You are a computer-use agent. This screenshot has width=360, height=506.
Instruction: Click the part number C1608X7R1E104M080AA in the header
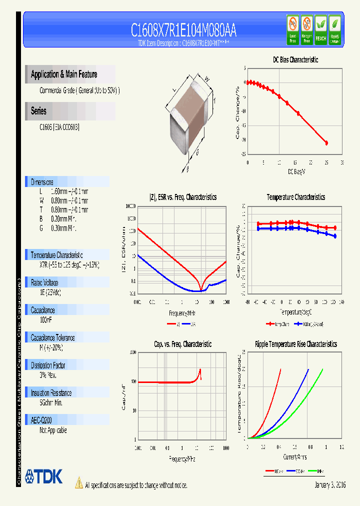click(183, 30)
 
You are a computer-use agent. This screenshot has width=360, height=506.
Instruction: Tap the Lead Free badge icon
click(292, 29)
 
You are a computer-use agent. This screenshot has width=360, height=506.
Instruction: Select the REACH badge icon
click(320, 29)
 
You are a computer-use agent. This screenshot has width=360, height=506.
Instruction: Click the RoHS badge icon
click(334, 29)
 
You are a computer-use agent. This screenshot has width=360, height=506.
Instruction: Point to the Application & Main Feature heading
click(64, 74)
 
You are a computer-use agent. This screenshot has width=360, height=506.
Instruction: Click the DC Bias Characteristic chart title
click(295, 59)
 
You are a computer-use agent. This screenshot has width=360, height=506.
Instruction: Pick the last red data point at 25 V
click(326, 143)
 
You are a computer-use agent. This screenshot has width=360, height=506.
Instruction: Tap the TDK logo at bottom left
click(44, 476)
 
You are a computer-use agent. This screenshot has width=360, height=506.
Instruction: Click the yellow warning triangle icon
click(78, 482)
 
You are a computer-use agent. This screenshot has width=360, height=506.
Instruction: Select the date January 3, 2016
click(330, 485)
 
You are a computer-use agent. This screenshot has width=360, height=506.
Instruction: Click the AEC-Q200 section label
click(41, 420)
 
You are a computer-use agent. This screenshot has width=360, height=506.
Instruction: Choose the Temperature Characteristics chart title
click(295, 197)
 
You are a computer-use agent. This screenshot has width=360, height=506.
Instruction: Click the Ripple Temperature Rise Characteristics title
click(295, 344)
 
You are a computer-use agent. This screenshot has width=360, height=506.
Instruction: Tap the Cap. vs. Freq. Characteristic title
click(182, 344)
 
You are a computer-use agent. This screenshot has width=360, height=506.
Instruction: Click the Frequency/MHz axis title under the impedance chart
click(181, 313)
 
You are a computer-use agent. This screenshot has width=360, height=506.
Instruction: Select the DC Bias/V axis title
click(296, 172)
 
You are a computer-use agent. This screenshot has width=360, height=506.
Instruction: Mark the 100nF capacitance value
click(46, 319)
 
